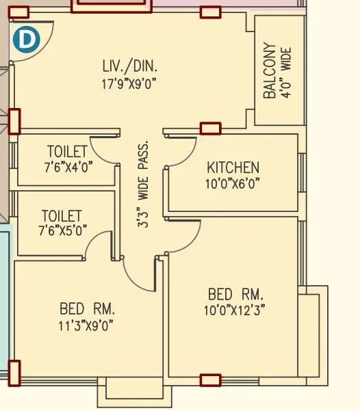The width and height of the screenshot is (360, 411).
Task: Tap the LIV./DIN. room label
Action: (x=129, y=67)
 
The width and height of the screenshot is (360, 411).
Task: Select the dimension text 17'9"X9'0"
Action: (x=129, y=83)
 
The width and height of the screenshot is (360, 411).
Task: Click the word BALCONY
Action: (x=270, y=72)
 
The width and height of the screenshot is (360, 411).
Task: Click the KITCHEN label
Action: (x=233, y=168)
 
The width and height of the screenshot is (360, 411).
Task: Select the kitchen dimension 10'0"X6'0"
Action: (x=233, y=183)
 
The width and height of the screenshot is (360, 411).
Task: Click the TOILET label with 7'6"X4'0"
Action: (x=66, y=151)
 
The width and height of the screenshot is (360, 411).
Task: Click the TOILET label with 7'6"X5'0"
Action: (x=61, y=216)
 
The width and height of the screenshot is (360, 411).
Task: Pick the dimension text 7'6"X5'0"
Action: (x=61, y=230)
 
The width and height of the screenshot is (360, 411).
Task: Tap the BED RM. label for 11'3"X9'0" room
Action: (x=86, y=308)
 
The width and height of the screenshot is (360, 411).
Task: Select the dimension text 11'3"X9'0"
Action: (x=86, y=324)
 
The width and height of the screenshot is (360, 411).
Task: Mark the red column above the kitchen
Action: (x=210, y=128)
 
